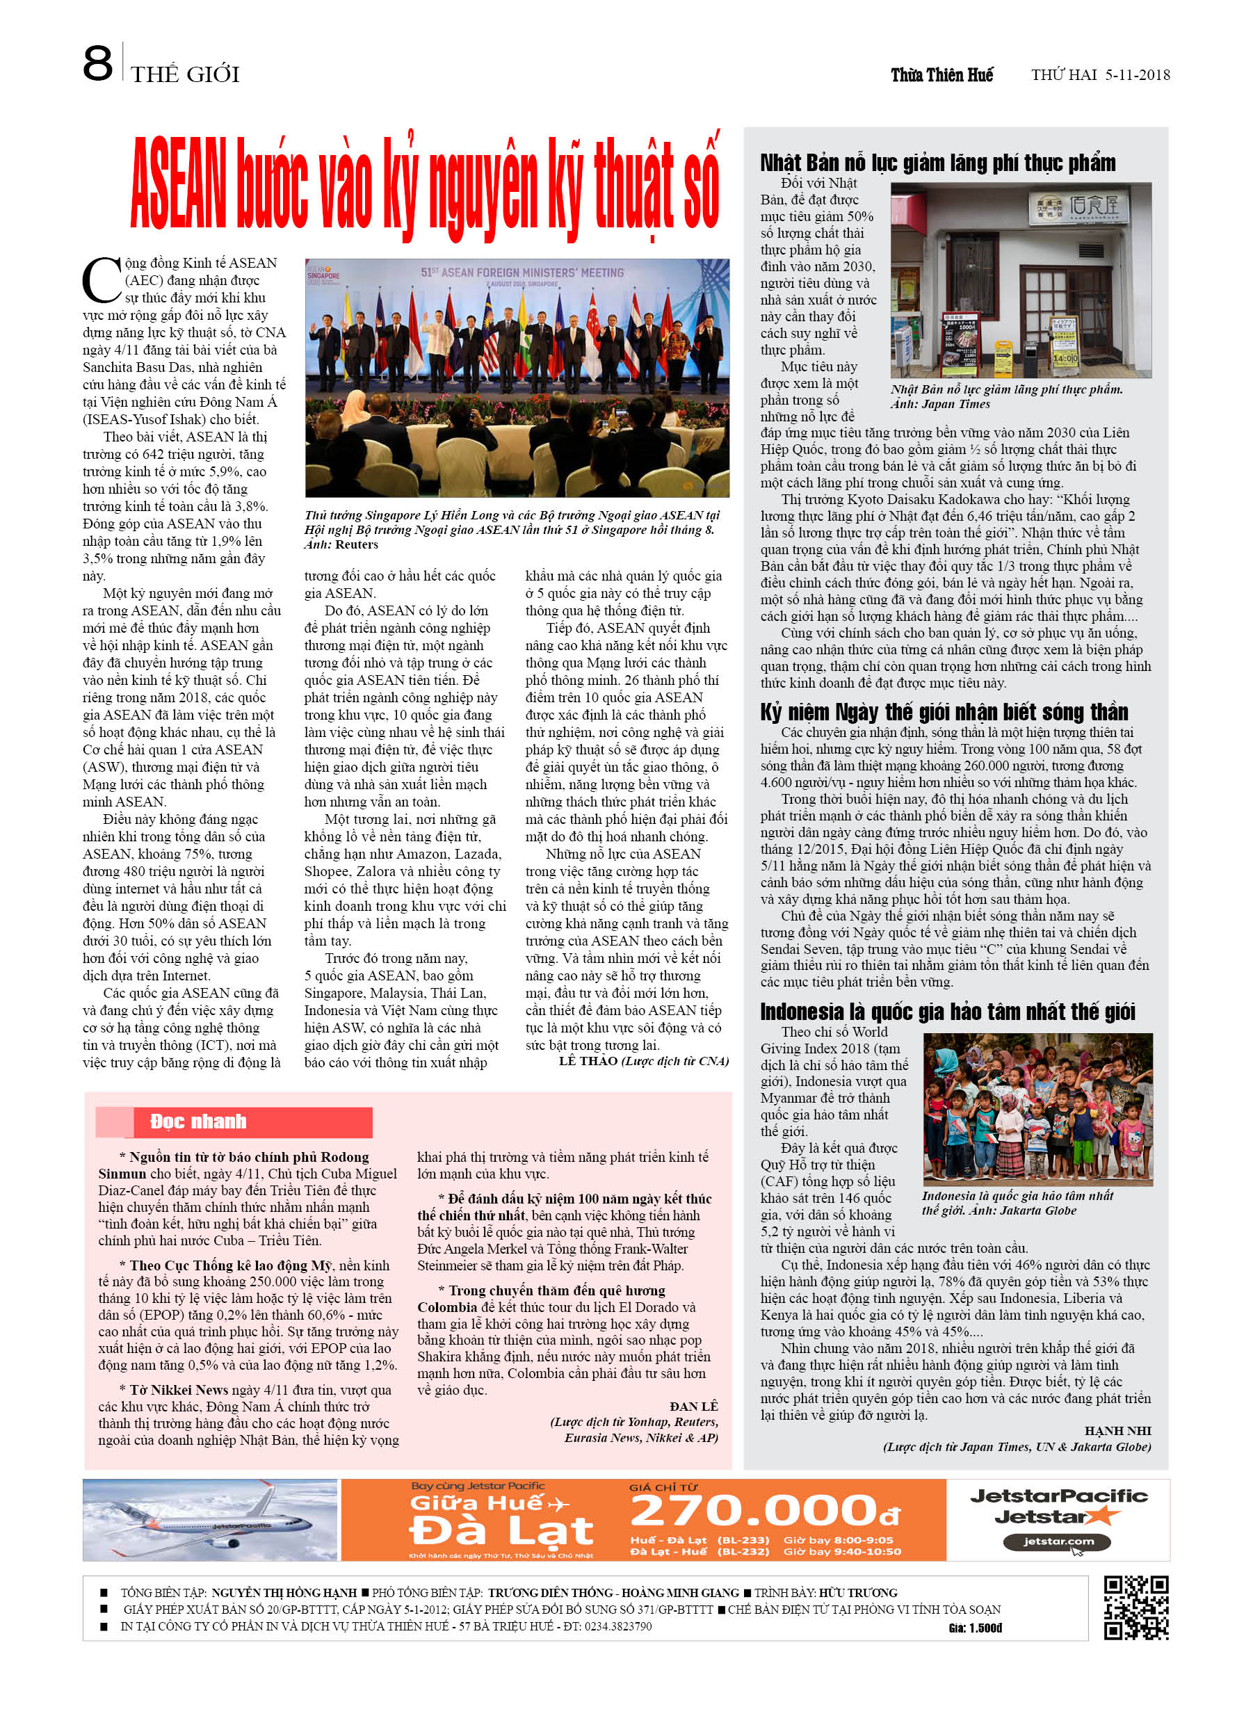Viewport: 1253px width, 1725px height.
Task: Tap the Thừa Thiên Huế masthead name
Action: pos(942,74)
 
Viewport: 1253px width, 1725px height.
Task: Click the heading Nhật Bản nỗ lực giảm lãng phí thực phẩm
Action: pos(937,163)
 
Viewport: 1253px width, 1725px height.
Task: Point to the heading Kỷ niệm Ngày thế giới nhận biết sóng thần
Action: pos(944,712)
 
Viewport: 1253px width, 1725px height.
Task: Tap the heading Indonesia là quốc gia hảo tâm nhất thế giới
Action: pos(947,1012)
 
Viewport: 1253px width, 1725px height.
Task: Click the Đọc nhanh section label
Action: pos(197,1121)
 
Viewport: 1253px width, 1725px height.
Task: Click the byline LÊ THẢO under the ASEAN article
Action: pos(588,1061)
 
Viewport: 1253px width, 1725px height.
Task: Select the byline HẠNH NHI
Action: pos(1117,1431)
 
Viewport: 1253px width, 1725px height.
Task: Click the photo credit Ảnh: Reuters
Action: pos(341,544)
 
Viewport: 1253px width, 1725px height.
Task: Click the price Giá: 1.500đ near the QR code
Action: pos(976,1628)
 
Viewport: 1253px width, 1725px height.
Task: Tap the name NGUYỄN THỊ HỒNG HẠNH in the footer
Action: pos(284,1593)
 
